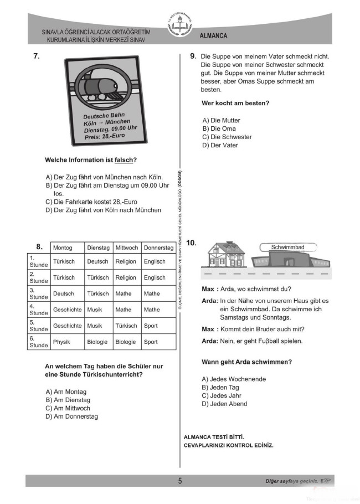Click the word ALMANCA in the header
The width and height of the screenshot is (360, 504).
213,36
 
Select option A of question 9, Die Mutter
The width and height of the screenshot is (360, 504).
222,120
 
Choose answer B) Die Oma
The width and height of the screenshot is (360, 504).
219,128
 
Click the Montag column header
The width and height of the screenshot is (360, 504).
63,248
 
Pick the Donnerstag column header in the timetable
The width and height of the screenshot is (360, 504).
158,248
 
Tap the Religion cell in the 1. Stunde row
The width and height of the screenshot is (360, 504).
126,261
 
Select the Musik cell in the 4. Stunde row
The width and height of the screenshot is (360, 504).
95,310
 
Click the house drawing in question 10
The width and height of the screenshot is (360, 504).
225,256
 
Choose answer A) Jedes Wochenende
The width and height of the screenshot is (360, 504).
234,379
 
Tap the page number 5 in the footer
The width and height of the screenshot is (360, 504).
180,481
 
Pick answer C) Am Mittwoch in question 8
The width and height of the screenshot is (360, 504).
68,408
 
